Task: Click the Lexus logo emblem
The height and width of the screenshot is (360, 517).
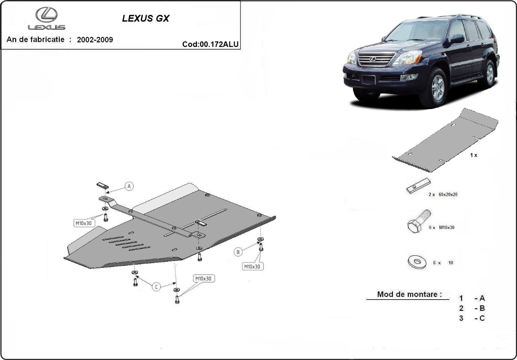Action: coord(47,16)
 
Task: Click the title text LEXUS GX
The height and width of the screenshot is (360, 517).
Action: coord(146,19)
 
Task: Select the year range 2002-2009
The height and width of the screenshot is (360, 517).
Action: coord(95,40)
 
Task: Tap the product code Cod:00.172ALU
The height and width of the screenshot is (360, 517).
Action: coord(211,44)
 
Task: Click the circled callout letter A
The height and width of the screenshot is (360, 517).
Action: coord(129,186)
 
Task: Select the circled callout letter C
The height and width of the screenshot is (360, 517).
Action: coord(157,286)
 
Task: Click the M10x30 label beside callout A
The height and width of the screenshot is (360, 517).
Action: coord(84,223)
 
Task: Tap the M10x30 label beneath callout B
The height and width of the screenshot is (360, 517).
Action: coord(252,266)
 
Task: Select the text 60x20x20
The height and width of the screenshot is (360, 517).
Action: coord(448,194)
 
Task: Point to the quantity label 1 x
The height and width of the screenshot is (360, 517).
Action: coord(473,155)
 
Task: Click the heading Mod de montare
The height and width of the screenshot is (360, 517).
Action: coord(409,294)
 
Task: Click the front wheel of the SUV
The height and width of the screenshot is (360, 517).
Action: coord(438,88)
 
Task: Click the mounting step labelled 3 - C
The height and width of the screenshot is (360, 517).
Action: coord(472,318)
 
